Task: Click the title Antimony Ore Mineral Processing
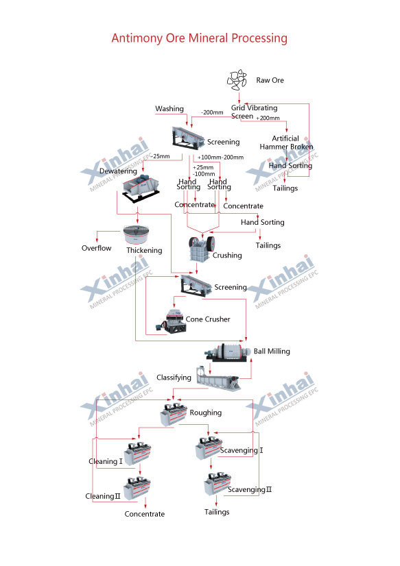199,38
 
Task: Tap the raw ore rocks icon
237,79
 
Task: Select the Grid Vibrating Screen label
254,112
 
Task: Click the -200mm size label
212,112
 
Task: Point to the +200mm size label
268,118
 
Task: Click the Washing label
169,109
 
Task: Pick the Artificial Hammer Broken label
286,143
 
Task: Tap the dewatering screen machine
141,188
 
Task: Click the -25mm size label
161,156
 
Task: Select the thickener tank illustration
137,234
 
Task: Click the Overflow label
97,248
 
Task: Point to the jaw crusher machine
201,248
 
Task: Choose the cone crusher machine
172,320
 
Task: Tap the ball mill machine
227,352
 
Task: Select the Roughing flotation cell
174,414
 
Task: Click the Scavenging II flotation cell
217,483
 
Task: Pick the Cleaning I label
106,461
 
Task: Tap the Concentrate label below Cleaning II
145,514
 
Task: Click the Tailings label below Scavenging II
217,513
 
